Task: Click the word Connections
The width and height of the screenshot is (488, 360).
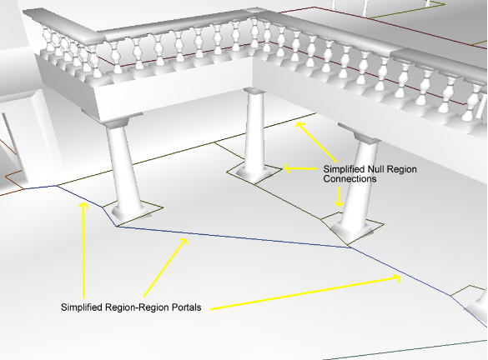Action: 350,179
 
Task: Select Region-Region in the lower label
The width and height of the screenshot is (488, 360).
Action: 138,307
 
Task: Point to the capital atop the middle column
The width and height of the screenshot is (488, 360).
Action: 254,91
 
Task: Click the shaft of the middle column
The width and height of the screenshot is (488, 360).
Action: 254,131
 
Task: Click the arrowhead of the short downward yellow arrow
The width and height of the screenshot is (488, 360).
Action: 340,203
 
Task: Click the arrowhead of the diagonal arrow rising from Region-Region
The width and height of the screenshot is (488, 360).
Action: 184,241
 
